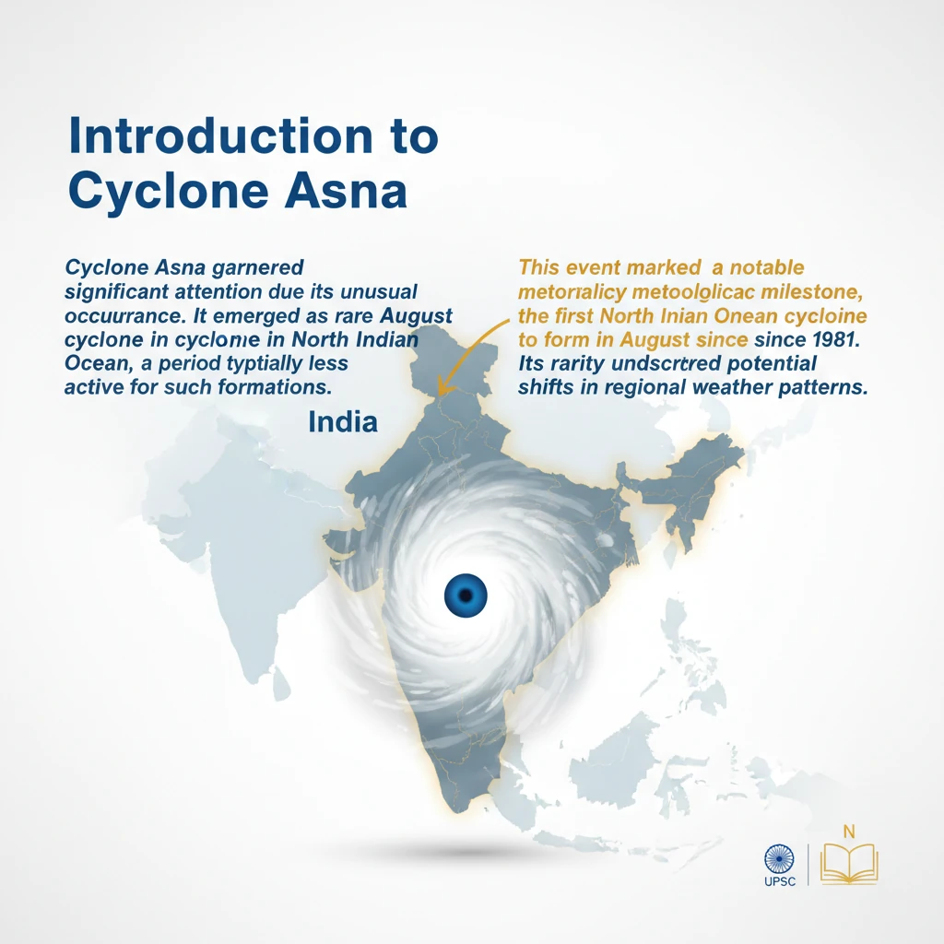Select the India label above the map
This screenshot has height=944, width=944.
(343, 422)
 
